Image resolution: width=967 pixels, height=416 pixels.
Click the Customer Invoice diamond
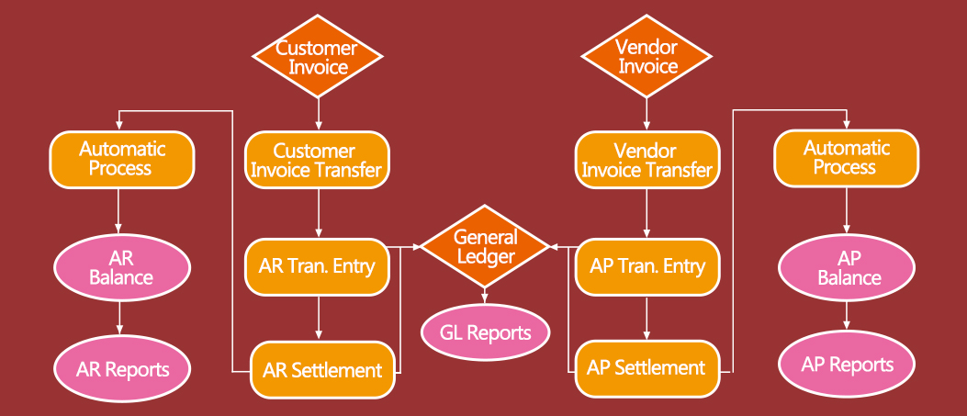coord(318,57)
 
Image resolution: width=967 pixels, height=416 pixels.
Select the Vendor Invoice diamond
coord(647,57)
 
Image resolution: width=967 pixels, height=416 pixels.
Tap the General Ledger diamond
coord(485,246)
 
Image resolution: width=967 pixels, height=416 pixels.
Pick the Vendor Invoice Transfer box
coord(647,160)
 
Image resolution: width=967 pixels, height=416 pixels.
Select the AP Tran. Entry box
coord(647,266)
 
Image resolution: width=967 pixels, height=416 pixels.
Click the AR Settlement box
coord(322,370)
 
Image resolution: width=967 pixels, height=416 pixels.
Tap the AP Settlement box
coord(647,368)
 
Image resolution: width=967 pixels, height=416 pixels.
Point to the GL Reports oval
coord(485,332)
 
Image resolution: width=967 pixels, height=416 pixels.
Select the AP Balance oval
coord(847,267)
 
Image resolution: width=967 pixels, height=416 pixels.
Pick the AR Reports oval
coord(122,370)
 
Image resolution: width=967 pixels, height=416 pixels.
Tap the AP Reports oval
coord(847,365)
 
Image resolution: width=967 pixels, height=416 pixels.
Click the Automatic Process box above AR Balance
coord(121,158)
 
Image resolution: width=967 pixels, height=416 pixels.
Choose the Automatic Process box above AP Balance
coord(846,157)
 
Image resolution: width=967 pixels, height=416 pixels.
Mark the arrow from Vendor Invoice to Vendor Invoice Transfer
coord(647,113)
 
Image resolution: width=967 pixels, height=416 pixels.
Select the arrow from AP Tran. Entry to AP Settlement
coord(647,318)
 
